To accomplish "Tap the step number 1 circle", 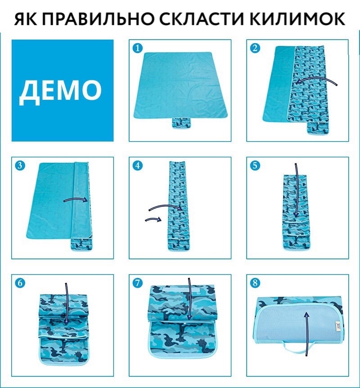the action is click(138, 48).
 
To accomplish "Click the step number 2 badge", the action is click(255, 48).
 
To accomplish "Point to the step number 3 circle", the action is click(20, 165).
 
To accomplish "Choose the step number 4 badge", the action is click(138, 165).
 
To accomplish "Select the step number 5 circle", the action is click(255, 165).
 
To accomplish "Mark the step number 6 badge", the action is click(20, 283).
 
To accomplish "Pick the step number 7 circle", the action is click(138, 283).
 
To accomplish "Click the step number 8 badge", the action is click(255, 283).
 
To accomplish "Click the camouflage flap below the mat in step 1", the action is click(182, 123).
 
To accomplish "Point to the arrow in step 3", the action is click(76, 198).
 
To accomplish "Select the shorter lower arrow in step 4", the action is click(153, 219).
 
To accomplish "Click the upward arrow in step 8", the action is click(307, 334).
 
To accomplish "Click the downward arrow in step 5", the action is click(296, 191).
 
